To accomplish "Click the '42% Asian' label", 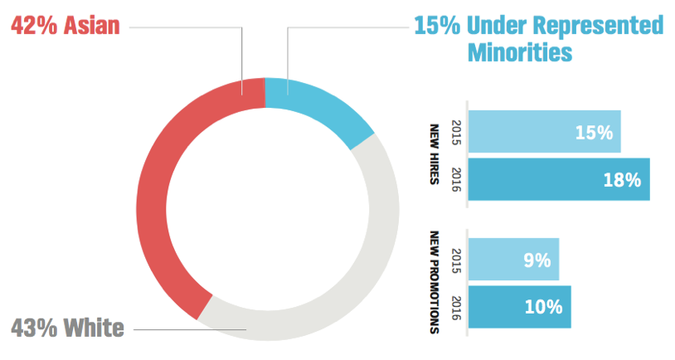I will pyautogui.click(x=65, y=25).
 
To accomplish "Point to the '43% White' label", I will pyautogui.click(x=68, y=328).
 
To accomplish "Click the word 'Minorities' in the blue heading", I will pyautogui.click(x=520, y=52).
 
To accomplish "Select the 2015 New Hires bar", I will pyautogui.click(x=543, y=132).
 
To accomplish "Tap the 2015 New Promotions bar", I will pyautogui.click(x=513, y=260).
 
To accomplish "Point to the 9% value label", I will pyautogui.click(x=537, y=260).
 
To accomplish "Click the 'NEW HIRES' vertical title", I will pyautogui.click(x=434, y=155).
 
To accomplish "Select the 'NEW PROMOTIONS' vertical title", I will pyautogui.click(x=434, y=283).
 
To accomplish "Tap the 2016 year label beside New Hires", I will pyautogui.click(x=454, y=178).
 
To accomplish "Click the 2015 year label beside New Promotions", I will pyautogui.click(x=454, y=259).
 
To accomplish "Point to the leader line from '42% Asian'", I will pyautogui.click(x=187, y=27).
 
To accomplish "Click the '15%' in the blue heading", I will pyautogui.click(x=437, y=25).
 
